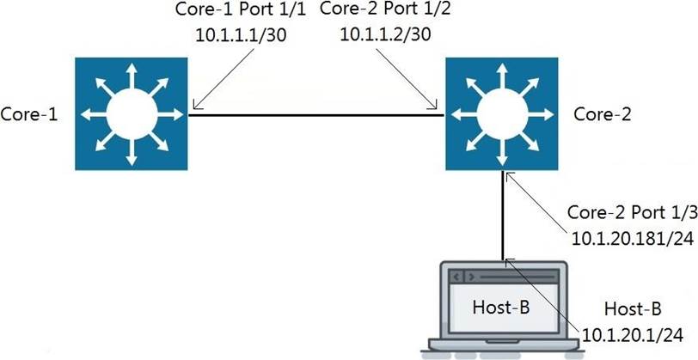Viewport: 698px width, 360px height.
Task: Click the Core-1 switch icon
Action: (x=131, y=113)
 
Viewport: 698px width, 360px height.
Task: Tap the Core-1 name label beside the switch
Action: (x=29, y=113)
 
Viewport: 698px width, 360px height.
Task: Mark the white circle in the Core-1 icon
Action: (x=131, y=113)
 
